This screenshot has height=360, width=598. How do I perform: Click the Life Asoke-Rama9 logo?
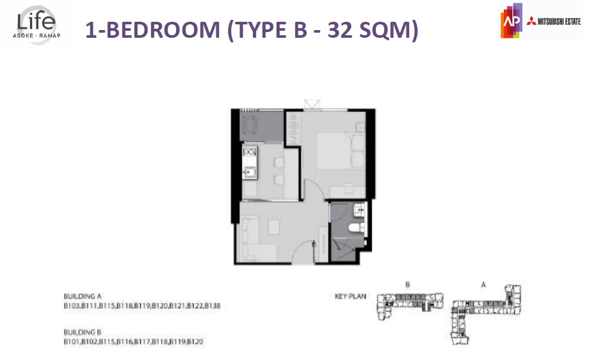click(x=36, y=25)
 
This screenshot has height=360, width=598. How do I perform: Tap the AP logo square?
click(x=512, y=21)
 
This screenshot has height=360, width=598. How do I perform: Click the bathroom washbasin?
click(x=359, y=209)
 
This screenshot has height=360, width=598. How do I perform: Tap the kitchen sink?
click(x=250, y=172)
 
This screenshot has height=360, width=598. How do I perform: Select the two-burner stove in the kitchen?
click(x=250, y=152)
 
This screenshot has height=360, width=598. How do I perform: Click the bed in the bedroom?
click(x=334, y=151)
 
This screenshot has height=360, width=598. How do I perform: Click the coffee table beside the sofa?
click(x=274, y=227)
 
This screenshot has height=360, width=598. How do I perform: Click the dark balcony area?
click(x=262, y=126)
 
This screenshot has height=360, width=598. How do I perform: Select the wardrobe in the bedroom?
click(x=293, y=129)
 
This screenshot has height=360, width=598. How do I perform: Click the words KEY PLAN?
click(x=350, y=296)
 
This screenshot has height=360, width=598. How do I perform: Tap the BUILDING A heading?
click(x=83, y=296)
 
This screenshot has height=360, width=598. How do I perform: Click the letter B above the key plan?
click(x=407, y=285)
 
